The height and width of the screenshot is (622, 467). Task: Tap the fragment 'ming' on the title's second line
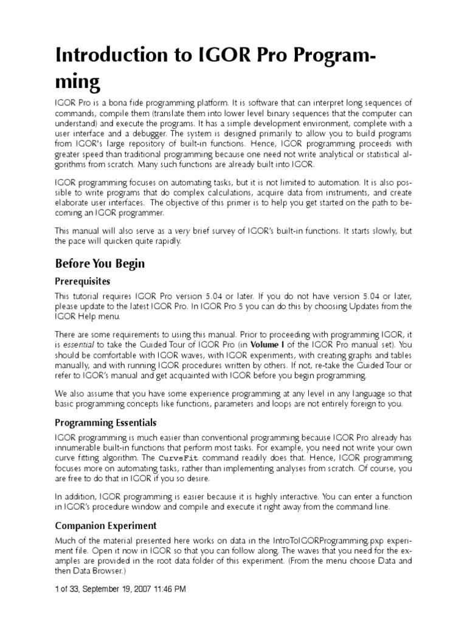[77, 82]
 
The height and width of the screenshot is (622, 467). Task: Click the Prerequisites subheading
[83, 282]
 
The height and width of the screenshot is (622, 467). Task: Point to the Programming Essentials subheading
[106, 422]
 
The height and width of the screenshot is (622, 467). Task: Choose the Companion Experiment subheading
[106, 525]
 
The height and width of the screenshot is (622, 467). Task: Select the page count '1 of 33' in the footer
[69, 589]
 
